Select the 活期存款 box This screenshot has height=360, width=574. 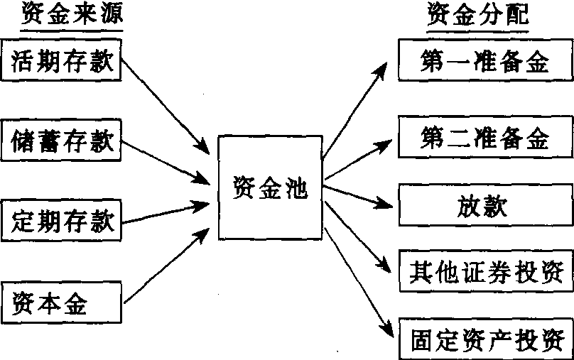tap(62, 61)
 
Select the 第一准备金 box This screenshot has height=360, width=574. tap(484, 62)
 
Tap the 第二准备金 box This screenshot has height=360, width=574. tap(484, 136)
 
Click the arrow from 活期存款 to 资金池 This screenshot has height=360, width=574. tap(167, 107)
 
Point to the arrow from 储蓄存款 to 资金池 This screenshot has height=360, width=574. tap(167, 159)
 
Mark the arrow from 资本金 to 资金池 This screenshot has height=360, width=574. tap(167, 263)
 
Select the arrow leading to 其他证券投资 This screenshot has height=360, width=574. tap(359, 238)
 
